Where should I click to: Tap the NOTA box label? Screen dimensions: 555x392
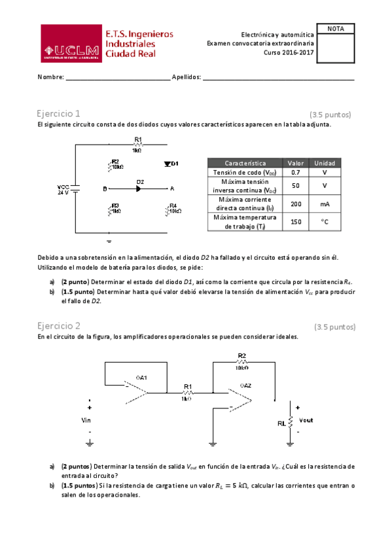(x=336, y=29)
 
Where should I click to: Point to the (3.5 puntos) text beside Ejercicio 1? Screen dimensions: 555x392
(x=330, y=114)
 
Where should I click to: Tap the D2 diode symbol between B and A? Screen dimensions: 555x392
(x=138, y=188)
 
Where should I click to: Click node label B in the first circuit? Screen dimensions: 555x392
(x=105, y=189)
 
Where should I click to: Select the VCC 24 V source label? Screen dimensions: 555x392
(x=63, y=190)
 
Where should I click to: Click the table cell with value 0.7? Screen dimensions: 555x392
(x=295, y=172)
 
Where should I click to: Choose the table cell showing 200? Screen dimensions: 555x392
(x=295, y=204)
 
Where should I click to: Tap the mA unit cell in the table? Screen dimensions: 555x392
(x=325, y=204)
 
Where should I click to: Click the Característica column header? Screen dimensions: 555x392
(x=245, y=162)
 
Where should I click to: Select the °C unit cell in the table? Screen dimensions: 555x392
(x=325, y=222)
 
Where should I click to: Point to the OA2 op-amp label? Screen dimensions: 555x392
(x=245, y=385)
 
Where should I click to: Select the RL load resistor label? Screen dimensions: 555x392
(x=282, y=423)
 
